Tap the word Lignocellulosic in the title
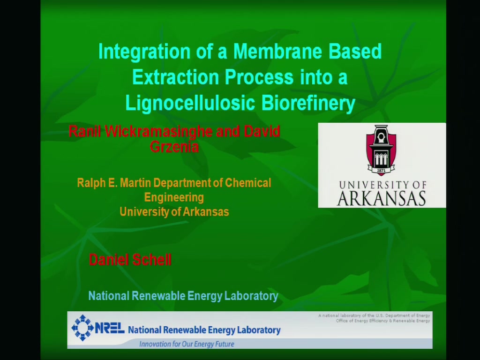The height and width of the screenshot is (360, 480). (x=190, y=104)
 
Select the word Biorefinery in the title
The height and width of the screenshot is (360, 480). (x=308, y=104)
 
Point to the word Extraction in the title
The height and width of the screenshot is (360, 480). (x=175, y=77)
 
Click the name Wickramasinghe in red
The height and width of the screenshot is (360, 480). (x=158, y=131)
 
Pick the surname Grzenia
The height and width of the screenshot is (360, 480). (x=174, y=147)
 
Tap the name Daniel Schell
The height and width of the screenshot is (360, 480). (x=130, y=260)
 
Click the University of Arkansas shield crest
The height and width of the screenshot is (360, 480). (x=381, y=150)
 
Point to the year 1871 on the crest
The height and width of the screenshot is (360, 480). (x=381, y=170)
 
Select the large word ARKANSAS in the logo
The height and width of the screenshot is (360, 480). (x=382, y=199)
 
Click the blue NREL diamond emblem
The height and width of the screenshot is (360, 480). (x=82, y=328)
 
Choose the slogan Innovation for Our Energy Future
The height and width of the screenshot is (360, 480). (x=187, y=344)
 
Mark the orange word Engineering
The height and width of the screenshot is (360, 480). (x=174, y=197)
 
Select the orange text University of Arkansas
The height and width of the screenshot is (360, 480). (x=174, y=212)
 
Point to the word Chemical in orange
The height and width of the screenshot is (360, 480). (x=248, y=183)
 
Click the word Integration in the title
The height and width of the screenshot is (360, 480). (x=144, y=52)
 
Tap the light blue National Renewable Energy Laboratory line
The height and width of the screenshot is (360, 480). (x=183, y=296)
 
